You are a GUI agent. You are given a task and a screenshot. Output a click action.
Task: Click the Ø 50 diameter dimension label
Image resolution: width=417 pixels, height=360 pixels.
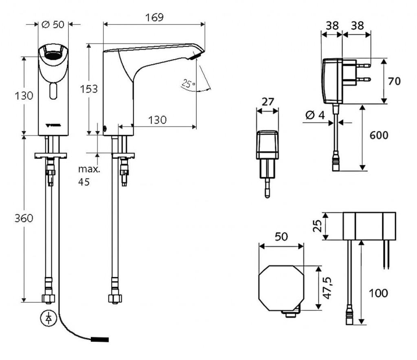[x=53, y=24]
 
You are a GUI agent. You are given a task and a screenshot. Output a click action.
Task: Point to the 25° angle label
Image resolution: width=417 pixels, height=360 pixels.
[x=188, y=84]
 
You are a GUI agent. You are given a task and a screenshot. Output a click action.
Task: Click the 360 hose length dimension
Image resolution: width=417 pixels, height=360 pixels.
[x=24, y=218]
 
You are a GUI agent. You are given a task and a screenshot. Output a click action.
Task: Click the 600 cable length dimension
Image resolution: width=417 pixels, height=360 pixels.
[x=378, y=135]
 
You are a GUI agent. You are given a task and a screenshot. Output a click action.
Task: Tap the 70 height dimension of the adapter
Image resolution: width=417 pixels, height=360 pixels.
[x=394, y=81]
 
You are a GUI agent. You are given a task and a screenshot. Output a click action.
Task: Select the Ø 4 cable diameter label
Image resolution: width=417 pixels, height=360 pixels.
[x=314, y=116]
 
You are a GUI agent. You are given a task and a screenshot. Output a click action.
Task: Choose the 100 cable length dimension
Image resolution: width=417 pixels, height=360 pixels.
[x=378, y=292]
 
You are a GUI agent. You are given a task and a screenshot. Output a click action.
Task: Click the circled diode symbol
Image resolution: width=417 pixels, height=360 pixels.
[x=48, y=318]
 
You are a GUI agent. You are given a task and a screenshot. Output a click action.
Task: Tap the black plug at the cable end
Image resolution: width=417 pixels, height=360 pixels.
[x=100, y=338]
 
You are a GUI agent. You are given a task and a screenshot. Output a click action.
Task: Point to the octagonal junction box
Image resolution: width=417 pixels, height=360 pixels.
[x=281, y=289]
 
